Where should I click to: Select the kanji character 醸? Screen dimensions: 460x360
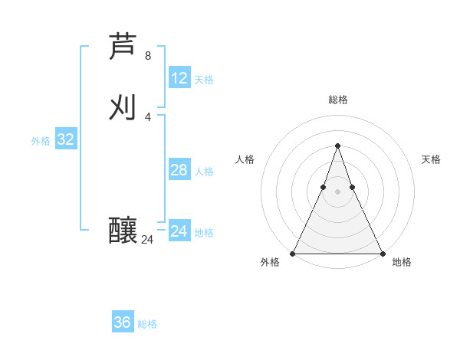(123, 230)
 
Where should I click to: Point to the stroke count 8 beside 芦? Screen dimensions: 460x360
(148, 56)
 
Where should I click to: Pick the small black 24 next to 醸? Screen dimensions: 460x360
(148, 240)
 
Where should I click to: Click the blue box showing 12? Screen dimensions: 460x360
(179, 78)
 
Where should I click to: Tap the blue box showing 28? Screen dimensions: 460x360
(179, 170)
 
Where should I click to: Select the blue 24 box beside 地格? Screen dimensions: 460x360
(179, 231)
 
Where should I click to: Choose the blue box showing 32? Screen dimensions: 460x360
(66, 139)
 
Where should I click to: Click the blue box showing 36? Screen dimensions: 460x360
(123, 322)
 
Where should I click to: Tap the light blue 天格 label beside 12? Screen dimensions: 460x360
(204, 80)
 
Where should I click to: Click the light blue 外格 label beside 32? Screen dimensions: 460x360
(41, 141)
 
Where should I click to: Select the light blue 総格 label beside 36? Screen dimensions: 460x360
(147, 324)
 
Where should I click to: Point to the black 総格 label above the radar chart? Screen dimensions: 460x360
(337, 100)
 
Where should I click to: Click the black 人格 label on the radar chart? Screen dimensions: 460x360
(245, 159)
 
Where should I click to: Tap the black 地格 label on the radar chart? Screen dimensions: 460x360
(402, 262)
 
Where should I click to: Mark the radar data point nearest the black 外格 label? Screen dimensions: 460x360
(293, 254)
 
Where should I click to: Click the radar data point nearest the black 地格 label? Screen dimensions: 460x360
(382, 254)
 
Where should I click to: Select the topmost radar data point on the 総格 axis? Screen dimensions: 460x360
(337, 146)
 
